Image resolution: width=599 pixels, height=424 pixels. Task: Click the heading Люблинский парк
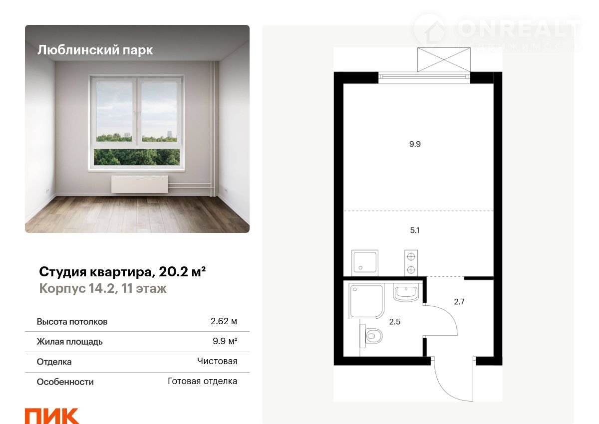tap(95, 50)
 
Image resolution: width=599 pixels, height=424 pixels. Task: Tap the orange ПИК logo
tap(52, 416)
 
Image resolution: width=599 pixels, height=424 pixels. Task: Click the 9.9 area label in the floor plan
tap(415, 144)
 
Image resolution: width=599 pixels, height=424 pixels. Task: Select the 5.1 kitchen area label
tap(415, 230)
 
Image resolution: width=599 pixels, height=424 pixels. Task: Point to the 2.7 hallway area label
tap(459, 302)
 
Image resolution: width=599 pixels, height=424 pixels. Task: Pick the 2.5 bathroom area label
tap(395, 322)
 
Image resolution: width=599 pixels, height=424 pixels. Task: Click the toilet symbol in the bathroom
tap(371, 336)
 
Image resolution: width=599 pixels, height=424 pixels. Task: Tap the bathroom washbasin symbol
tap(406, 293)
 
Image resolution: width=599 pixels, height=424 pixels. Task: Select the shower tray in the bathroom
tap(366, 301)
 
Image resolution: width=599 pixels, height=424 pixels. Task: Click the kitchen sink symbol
tap(365, 263)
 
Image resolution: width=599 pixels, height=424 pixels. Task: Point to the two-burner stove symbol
tap(411, 263)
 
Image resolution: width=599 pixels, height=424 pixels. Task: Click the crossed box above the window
tap(444, 59)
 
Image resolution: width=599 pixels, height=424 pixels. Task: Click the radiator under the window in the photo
tap(140, 185)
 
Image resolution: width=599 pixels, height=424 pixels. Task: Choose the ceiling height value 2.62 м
tap(224, 321)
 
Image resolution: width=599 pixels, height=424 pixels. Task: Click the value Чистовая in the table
tap(217, 361)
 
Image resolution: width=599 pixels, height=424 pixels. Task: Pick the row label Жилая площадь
tap(70, 342)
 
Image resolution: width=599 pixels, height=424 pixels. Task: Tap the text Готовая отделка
tap(203, 381)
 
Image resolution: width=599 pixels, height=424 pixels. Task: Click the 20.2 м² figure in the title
tap(182, 272)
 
